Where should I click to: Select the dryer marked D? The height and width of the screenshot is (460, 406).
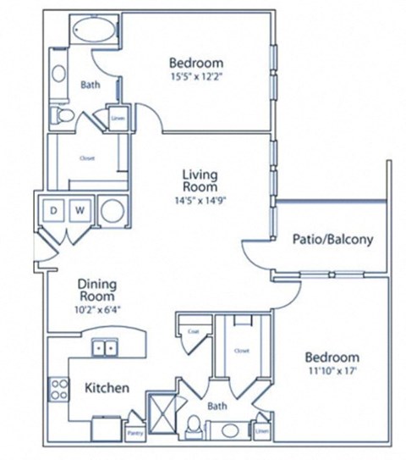53,208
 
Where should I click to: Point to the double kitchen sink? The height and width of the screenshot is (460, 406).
105,347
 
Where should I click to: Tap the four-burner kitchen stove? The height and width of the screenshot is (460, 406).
59,390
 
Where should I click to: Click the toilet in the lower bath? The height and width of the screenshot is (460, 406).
194,426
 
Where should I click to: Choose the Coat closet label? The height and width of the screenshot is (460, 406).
193,331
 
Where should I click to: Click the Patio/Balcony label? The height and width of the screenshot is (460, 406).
332,239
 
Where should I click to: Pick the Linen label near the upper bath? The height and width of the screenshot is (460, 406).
118,119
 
